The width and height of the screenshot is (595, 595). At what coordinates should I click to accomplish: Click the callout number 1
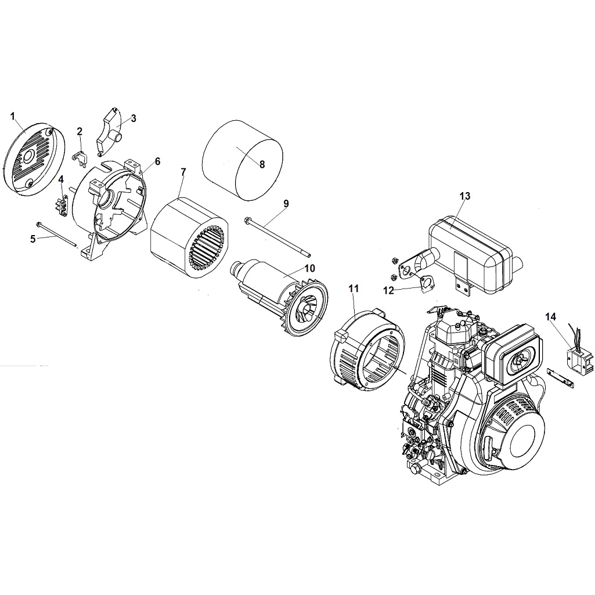[13, 116]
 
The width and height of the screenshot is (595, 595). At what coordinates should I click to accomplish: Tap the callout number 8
[262, 164]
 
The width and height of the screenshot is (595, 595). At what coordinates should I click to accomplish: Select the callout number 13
[464, 196]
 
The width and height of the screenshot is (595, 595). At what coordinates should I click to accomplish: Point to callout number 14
[550, 316]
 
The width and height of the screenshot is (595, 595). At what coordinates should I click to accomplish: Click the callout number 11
[354, 288]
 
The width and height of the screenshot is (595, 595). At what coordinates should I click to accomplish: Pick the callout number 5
[33, 238]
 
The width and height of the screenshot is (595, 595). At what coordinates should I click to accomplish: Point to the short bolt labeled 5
[58, 235]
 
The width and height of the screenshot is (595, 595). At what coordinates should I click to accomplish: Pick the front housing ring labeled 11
[366, 354]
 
